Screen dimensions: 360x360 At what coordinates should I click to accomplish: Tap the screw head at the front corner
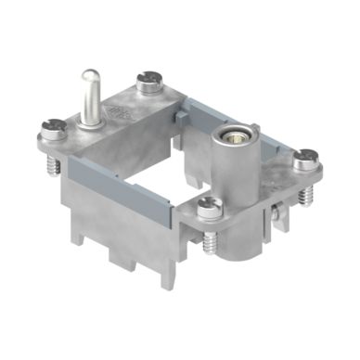coord(208,206)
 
